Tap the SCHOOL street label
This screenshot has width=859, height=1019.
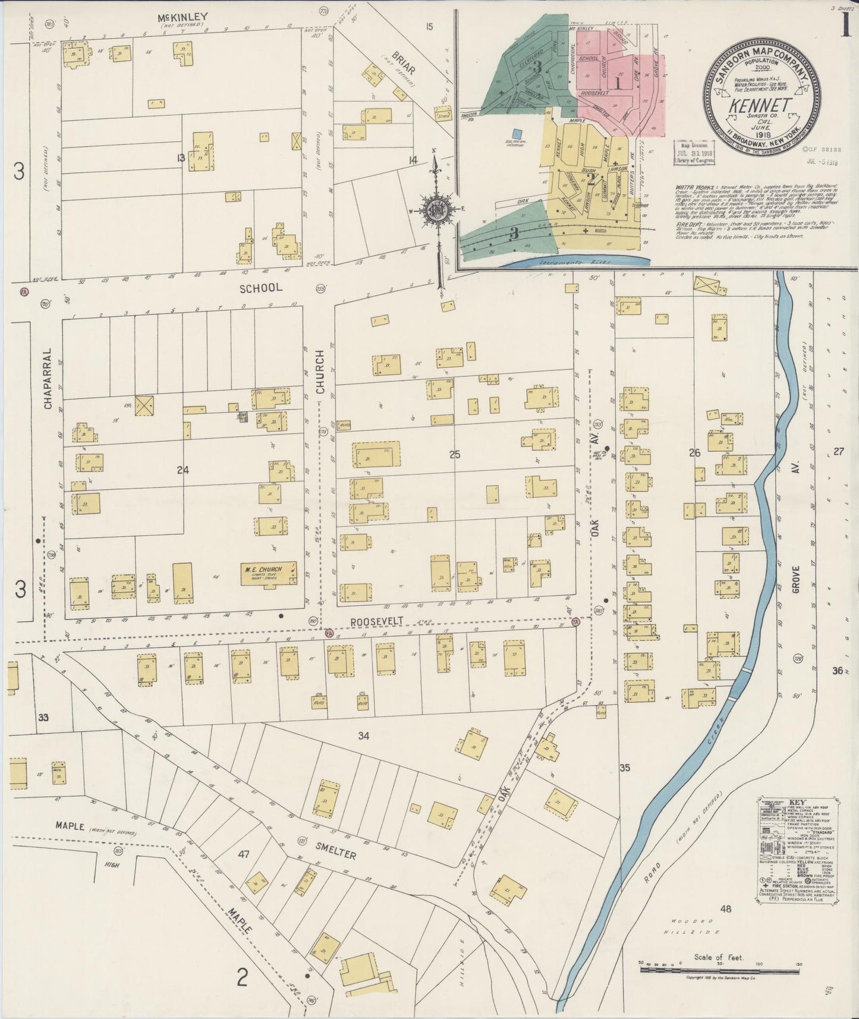(x=260, y=288)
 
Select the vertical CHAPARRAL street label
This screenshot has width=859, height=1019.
(x=47, y=378)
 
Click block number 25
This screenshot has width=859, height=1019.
(x=455, y=455)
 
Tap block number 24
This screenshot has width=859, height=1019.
(x=183, y=470)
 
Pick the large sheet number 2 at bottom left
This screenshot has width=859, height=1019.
(x=241, y=977)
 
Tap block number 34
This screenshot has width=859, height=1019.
(x=364, y=736)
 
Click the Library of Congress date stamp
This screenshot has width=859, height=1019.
(x=693, y=153)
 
